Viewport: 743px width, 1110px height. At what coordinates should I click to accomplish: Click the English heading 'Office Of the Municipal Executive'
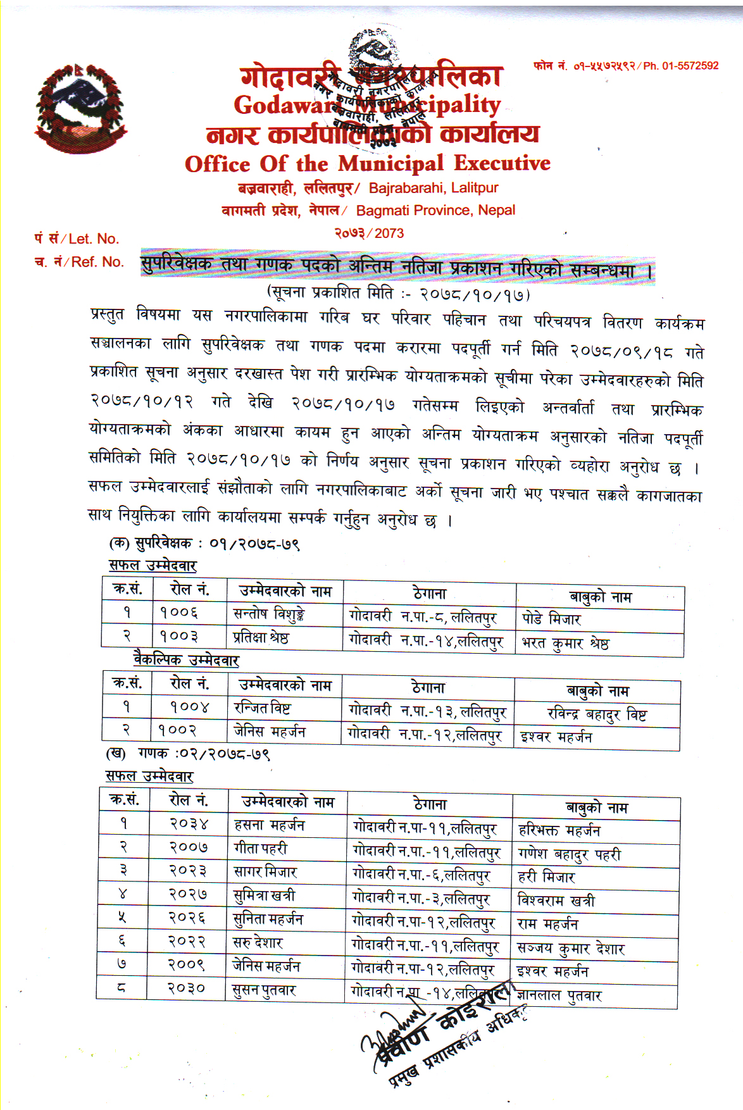367,164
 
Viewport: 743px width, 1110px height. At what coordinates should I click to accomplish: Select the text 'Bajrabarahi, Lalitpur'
434,188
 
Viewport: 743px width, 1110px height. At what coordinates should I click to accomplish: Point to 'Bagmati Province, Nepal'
435,210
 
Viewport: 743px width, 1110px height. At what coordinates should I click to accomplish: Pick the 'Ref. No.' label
97,262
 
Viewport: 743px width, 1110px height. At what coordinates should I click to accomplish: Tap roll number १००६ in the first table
179,613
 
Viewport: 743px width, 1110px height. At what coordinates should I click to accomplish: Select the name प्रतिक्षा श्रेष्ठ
261,637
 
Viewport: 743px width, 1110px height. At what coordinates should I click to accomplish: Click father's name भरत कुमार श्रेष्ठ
565,644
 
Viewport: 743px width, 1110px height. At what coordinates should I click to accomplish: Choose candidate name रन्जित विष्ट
262,708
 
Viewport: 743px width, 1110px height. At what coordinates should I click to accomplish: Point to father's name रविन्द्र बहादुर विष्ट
597,715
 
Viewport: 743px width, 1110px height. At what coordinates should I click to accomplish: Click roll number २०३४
188,824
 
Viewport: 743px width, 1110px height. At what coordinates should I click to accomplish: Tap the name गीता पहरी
260,848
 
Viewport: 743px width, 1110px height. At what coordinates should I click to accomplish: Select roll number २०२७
187,894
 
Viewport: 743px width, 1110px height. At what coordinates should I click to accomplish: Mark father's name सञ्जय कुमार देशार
570,948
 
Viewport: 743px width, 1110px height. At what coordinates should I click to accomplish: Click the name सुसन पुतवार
264,990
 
